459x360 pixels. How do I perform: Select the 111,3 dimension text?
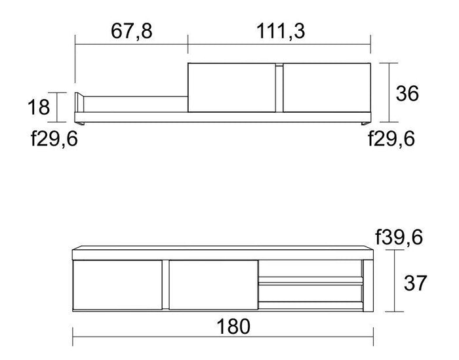click(279, 31)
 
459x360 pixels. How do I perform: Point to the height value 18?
click(39, 106)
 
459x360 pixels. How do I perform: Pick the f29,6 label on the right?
click(391, 139)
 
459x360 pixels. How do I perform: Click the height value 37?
click(414, 283)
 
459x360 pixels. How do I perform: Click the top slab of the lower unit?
click(221, 252)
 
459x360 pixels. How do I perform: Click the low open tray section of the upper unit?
click(134, 105)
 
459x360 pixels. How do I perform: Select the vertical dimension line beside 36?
click(390, 92)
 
